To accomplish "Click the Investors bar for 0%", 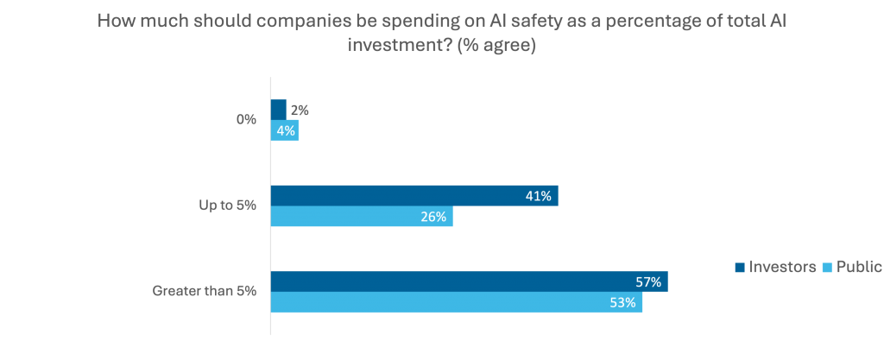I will [x=279, y=109].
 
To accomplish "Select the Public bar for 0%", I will [x=285, y=130].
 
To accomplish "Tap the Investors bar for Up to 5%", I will [x=414, y=196].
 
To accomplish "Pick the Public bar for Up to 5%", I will [x=362, y=217].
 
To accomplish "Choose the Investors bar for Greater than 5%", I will [x=469, y=281].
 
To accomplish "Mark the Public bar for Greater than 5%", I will [x=457, y=303].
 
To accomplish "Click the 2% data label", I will [x=300, y=110].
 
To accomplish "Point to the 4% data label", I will [x=286, y=131].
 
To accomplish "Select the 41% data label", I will [x=539, y=196].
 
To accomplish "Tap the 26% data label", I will [x=433, y=218].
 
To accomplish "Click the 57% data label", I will [x=648, y=281].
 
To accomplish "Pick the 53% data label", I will [x=623, y=303].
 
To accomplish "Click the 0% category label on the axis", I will [x=247, y=120].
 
